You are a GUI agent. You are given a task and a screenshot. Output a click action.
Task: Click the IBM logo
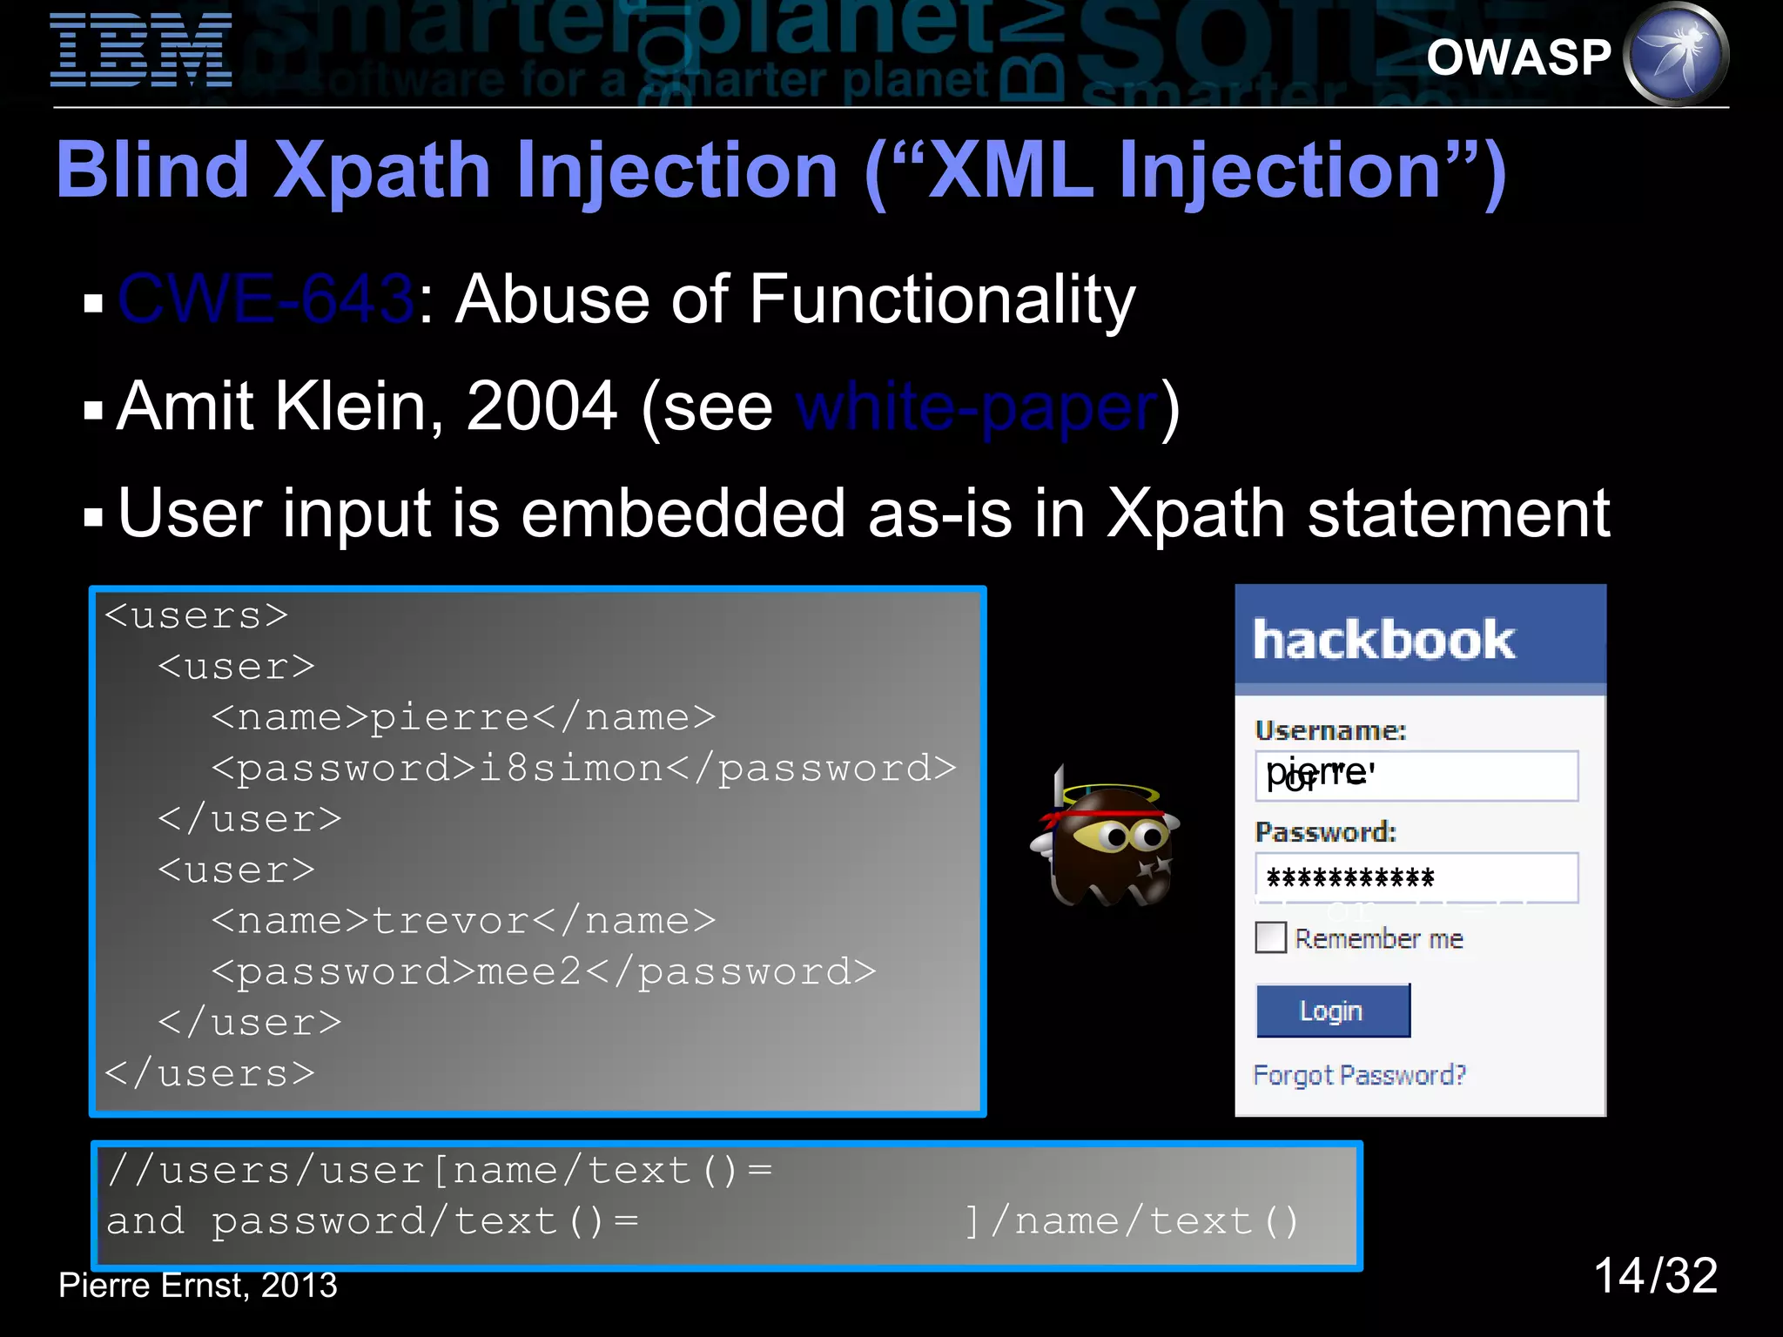(141, 50)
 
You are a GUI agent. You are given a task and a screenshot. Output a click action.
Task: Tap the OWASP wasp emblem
(1677, 55)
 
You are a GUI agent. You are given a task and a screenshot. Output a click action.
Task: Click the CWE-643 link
(266, 299)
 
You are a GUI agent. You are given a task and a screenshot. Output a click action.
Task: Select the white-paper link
(977, 407)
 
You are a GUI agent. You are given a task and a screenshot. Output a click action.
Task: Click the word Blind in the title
(153, 171)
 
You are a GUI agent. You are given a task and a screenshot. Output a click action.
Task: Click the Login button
(1332, 1011)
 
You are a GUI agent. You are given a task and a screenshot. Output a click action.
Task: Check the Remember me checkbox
(1270, 938)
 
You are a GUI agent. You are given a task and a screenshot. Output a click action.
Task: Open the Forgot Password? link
(1359, 1075)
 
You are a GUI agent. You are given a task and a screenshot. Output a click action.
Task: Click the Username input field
(1416, 776)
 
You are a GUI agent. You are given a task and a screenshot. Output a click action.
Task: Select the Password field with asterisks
(1416, 877)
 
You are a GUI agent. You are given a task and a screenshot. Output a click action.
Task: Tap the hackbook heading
(1383, 641)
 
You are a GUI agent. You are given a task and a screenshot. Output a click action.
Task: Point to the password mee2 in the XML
(530, 971)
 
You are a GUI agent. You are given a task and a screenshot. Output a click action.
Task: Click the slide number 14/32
(1655, 1276)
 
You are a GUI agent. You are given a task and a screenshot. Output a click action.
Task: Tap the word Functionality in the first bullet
(942, 299)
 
